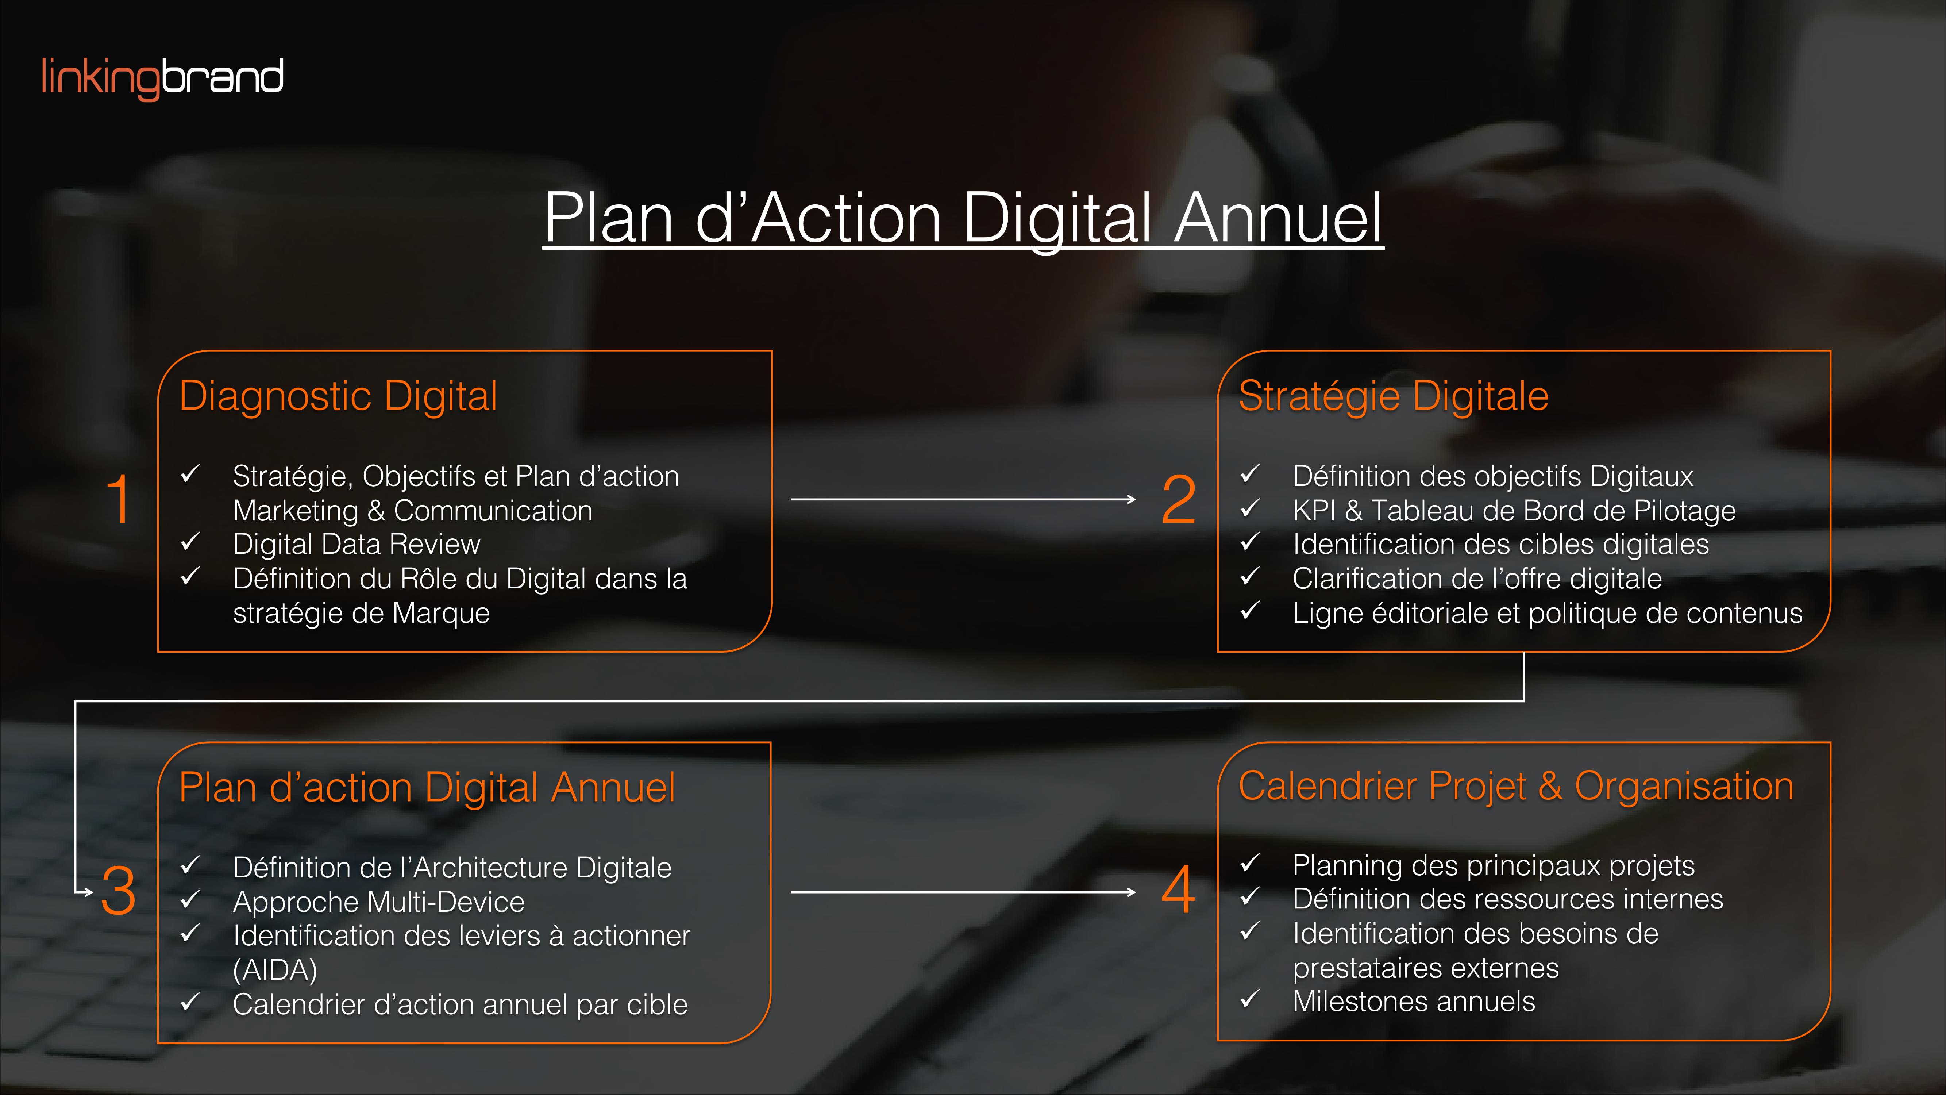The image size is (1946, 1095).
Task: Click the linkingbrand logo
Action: tap(162, 78)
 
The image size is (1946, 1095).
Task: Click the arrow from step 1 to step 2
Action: tap(963, 500)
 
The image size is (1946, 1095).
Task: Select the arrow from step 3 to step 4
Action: tap(963, 892)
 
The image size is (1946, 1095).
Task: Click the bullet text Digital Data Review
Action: tap(357, 544)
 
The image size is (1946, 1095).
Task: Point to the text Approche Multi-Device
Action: tap(378, 902)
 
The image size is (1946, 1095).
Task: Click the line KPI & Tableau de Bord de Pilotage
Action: tap(1514, 511)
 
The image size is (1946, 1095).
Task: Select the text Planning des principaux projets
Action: tap(1494, 866)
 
